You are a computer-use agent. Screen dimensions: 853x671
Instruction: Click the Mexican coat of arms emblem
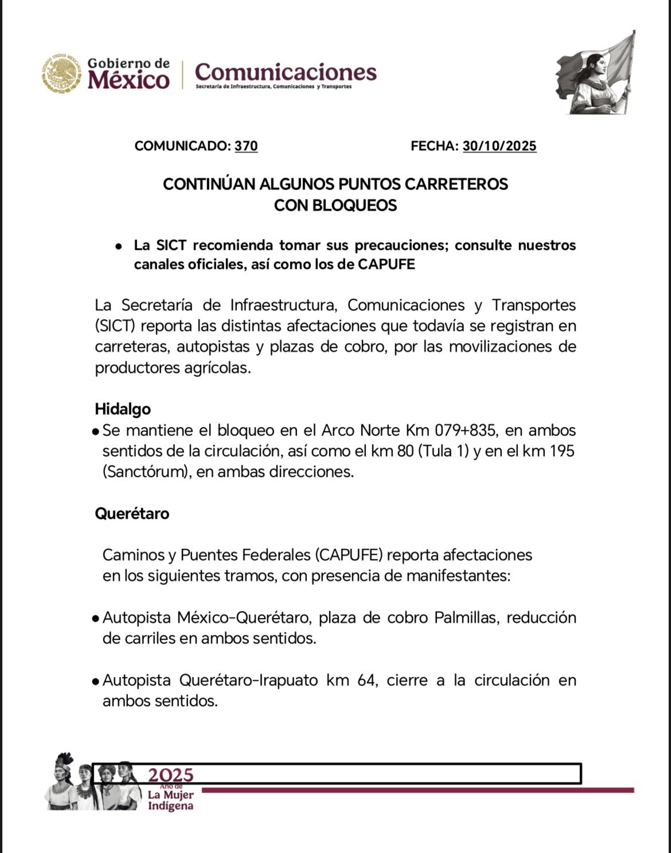click(x=61, y=74)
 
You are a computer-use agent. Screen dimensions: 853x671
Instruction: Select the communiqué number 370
click(x=246, y=146)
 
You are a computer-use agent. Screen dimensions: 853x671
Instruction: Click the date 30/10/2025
click(x=500, y=146)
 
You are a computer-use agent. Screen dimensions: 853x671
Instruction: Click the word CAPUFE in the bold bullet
click(x=387, y=265)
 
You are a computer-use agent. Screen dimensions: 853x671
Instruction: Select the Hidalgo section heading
click(x=123, y=409)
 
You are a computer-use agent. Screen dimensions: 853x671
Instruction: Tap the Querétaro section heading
click(x=132, y=513)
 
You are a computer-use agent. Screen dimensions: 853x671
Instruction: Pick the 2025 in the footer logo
click(x=170, y=775)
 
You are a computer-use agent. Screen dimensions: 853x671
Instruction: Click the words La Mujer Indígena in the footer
click(x=170, y=800)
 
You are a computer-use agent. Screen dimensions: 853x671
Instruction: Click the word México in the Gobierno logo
click(x=128, y=80)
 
